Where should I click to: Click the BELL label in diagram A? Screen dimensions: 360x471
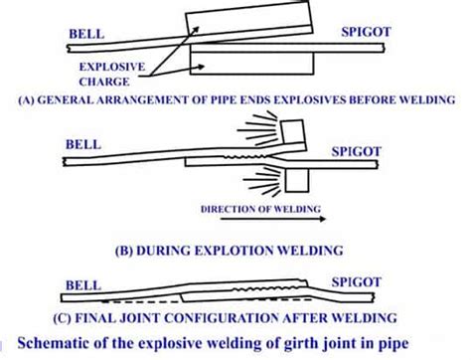pyautogui.click(x=84, y=35)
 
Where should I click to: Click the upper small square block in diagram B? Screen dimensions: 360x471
pyautogui.click(x=292, y=130)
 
